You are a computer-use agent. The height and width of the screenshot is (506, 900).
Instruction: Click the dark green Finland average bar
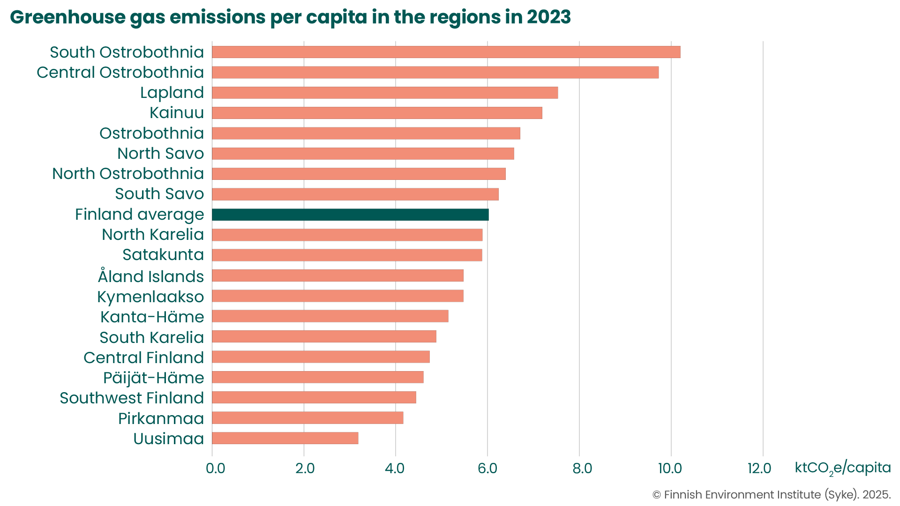click(350, 215)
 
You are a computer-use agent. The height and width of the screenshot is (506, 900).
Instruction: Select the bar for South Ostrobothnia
click(446, 52)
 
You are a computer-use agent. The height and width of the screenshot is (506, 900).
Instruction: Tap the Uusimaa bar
click(285, 438)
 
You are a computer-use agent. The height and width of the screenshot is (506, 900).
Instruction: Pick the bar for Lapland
click(385, 93)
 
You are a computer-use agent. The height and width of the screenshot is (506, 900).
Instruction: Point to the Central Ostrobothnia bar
click(435, 72)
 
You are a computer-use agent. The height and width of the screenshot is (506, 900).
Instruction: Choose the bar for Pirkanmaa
click(307, 418)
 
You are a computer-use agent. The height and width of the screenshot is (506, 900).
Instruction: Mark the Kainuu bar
click(377, 113)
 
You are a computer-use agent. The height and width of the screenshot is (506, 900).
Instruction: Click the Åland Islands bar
click(337, 275)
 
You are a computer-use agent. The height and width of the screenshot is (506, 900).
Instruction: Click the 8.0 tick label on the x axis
click(582, 468)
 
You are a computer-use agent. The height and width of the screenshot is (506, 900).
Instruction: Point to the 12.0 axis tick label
click(759, 468)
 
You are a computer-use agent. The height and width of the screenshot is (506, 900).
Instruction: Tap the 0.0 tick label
click(216, 468)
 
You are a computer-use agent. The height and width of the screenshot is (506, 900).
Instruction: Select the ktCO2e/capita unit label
click(842, 468)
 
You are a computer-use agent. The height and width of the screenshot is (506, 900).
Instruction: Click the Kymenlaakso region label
click(150, 297)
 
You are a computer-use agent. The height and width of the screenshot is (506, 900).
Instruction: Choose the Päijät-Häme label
click(154, 378)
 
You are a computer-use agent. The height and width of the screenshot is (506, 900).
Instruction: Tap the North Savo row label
click(160, 153)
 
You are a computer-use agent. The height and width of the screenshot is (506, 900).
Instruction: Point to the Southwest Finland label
click(132, 398)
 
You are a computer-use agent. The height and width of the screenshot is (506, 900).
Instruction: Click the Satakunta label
click(163, 254)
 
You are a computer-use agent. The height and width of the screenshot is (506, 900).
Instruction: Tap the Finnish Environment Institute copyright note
click(771, 495)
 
